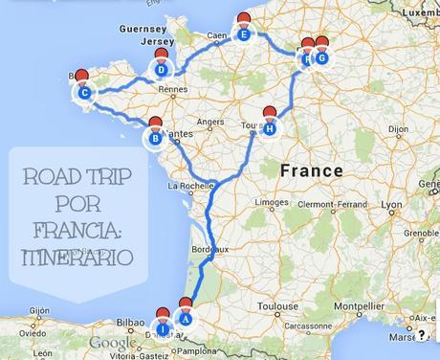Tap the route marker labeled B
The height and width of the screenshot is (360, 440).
click(155, 139)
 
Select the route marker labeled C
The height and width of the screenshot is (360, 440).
click(84, 93)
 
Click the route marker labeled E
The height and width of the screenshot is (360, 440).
click(245, 36)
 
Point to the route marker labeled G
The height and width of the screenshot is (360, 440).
click(321, 57)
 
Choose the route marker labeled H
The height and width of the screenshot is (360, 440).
click(271, 128)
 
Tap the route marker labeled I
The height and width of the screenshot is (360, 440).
click(163, 329)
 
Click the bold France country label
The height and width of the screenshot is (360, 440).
click(311, 170)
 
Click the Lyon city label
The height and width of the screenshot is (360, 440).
click(390, 205)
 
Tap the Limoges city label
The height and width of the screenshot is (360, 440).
click(272, 202)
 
